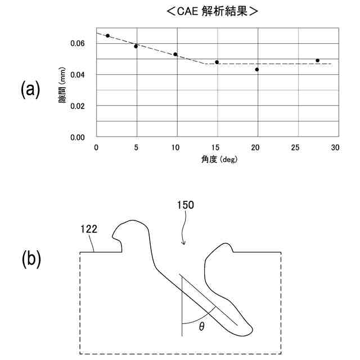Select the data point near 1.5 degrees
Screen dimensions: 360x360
107,35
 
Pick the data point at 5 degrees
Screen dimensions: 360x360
136,46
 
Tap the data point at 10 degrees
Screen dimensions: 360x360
175,55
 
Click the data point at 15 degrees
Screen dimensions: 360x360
217,62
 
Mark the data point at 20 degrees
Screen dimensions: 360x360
257,70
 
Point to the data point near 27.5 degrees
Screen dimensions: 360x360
318,60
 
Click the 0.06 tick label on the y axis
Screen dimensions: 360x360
77,43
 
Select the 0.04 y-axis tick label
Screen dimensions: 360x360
77,75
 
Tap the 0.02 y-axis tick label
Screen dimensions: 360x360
77,106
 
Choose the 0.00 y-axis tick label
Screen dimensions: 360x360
77,137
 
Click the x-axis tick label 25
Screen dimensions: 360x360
296,148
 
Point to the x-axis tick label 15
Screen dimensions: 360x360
216,148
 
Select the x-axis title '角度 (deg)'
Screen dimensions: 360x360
216,159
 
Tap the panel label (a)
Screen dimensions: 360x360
30,90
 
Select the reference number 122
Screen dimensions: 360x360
89,229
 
